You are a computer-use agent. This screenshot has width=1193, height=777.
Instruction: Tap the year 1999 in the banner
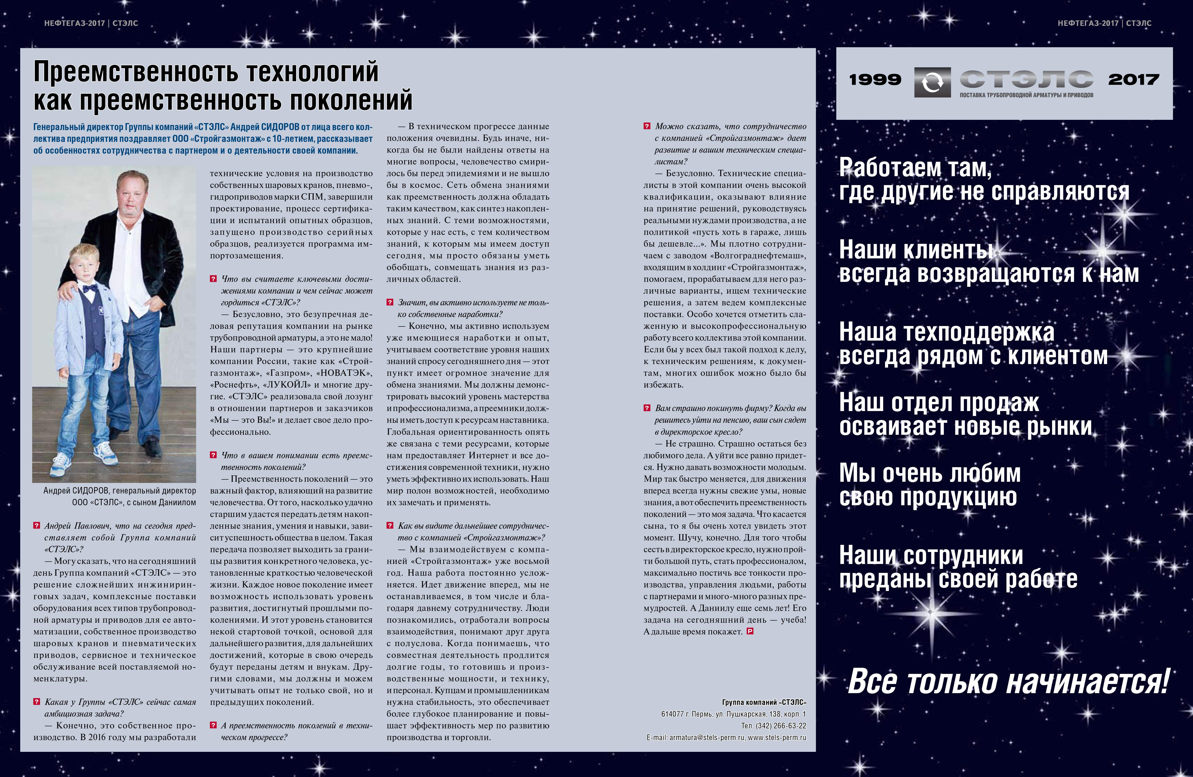[x=875, y=79]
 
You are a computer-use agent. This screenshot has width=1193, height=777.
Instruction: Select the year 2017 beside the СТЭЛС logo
[x=1133, y=79]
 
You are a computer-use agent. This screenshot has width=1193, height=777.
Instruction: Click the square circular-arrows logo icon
[x=932, y=82]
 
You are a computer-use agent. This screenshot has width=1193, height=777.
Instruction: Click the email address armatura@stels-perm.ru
[x=707, y=737]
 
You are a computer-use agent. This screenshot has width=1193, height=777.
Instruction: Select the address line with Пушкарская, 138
[x=733, y=714]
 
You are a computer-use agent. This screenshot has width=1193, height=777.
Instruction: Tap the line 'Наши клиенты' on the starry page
[x=916, y=250]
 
